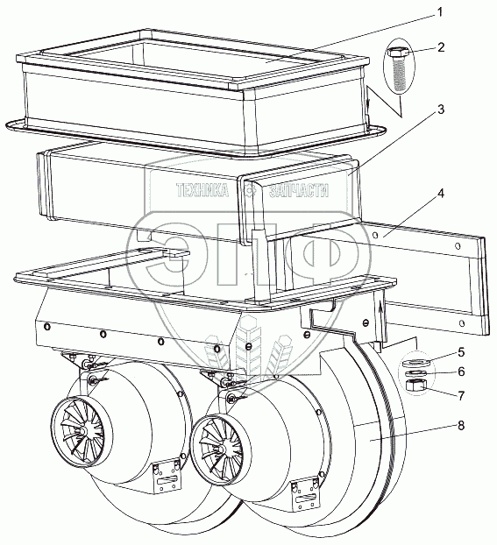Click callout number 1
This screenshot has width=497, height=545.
pos(440,13)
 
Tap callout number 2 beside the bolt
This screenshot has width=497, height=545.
pos(441,47)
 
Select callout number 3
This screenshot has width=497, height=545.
pos(441,110)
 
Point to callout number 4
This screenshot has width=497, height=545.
pos(440,194)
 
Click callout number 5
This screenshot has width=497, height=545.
pos(461,352)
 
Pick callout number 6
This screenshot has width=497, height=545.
pos(461,372)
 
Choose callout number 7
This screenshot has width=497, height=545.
pos(461,395)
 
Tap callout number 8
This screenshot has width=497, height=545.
pos(461,426)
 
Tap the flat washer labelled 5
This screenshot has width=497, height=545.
pos(417,363)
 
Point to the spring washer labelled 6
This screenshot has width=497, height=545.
pos(416,373)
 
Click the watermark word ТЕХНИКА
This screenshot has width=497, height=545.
pos(202,190)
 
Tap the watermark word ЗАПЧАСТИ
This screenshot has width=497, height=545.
pos(299,190)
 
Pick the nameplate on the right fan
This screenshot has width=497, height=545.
pos(304,494)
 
